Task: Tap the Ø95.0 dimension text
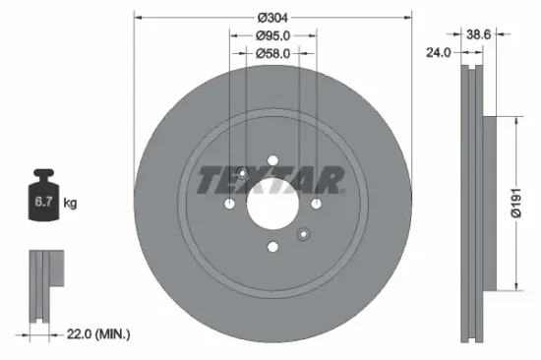point(271,36)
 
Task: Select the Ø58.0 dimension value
point(271,54)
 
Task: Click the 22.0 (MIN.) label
point(98,335)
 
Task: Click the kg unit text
point(70,204)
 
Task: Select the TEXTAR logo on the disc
point(271,179)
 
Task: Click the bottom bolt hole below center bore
point(271,248)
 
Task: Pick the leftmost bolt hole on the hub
point(228,204)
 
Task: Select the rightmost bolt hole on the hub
point(316,204)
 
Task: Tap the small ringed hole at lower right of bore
point(303,234)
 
